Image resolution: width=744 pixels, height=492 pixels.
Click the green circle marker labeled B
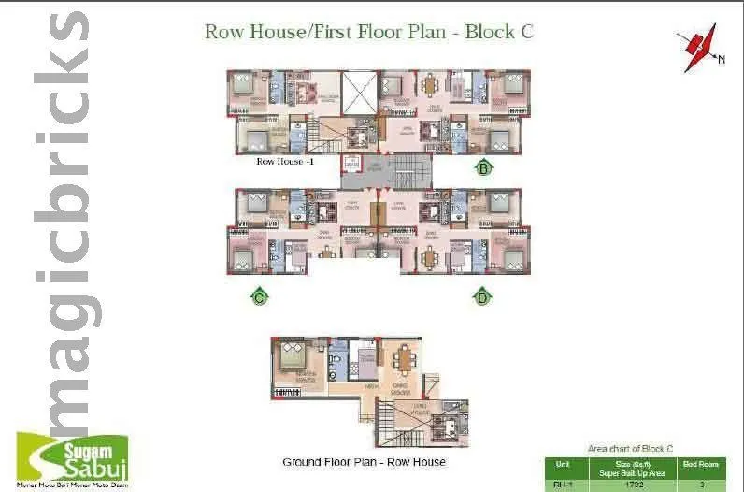coord(484,168)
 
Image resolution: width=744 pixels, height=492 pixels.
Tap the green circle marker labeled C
coord(260,297)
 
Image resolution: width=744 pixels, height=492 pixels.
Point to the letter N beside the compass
coord(721,61)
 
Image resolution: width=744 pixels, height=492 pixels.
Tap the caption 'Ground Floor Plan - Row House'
coord(364,462)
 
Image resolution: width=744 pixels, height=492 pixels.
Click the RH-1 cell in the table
coord(561,485)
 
